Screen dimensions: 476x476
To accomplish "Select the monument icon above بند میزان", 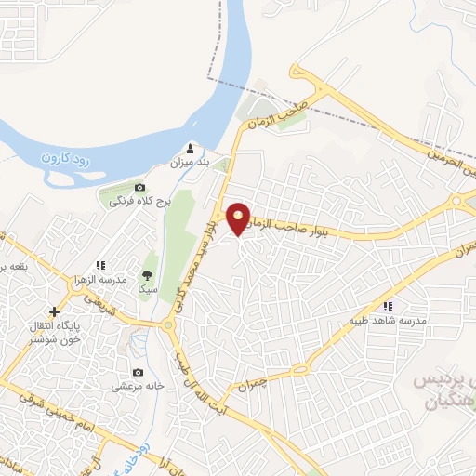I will [192, 148].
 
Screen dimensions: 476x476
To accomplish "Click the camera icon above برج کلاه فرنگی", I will [139, 188].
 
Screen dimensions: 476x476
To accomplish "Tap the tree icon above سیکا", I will [147, 274].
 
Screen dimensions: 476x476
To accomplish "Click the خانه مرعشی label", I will [139, 385].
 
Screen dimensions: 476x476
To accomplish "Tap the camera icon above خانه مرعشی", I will [140, 371].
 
